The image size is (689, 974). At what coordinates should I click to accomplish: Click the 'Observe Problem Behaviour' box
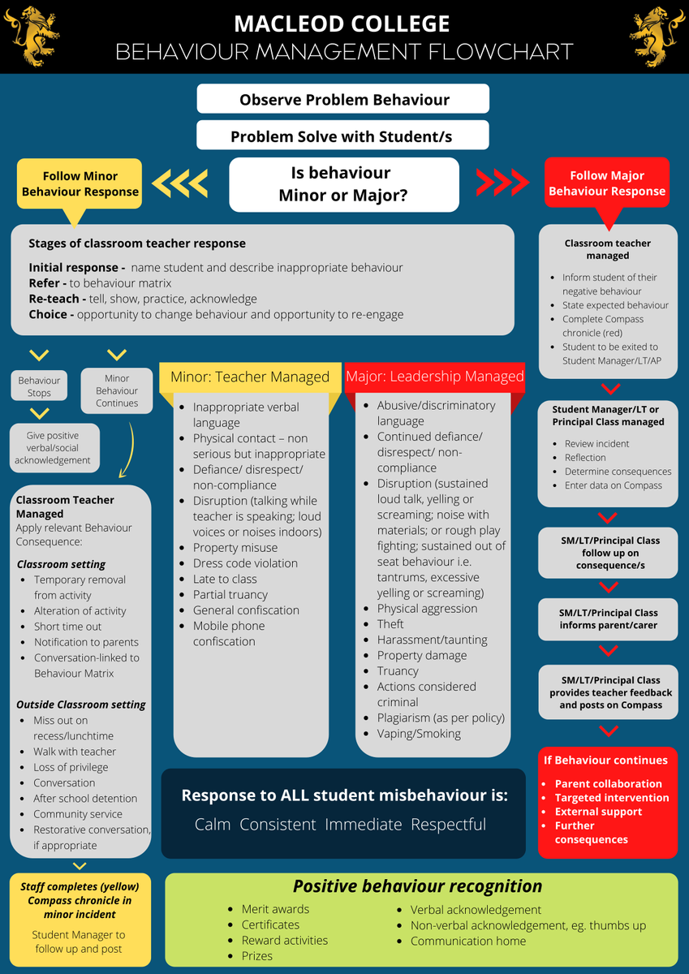(x=343, y=99)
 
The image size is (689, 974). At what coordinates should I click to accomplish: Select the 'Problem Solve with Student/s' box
(x=342, y=136)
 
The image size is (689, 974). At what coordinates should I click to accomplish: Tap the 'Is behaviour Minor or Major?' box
(x=344, y=184)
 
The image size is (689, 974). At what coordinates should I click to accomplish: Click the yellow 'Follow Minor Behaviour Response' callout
(x=80, y=184)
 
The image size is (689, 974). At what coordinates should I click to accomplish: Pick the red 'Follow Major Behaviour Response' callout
(x=607, y=183)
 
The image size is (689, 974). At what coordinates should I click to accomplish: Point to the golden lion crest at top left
(x=32, y=36)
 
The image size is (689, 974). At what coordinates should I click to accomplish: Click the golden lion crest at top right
(x=657, y=36)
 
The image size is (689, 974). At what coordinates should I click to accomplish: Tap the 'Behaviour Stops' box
(x=39, y=386)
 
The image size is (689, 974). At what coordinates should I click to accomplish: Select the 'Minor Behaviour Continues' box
(x=117, y=390)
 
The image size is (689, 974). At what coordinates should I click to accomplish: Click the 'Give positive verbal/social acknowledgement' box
(x=54, y=447)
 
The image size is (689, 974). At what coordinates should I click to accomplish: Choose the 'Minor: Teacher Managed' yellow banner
(x=250, y=377)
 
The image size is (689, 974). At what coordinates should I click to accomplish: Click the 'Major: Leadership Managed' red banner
(x=435, y=377)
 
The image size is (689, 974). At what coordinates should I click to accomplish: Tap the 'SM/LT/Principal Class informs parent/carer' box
(x=608, y=618)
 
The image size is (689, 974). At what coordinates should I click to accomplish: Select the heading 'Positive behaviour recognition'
(x=417, y=886)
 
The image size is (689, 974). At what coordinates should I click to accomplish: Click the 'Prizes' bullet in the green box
(x=251, y=956)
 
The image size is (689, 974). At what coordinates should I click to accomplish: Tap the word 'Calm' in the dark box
(x=213, y=825)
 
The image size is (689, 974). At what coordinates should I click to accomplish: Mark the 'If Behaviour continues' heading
(x=605, y=760)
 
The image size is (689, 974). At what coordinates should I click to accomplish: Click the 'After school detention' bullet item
(x=80, y=799)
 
